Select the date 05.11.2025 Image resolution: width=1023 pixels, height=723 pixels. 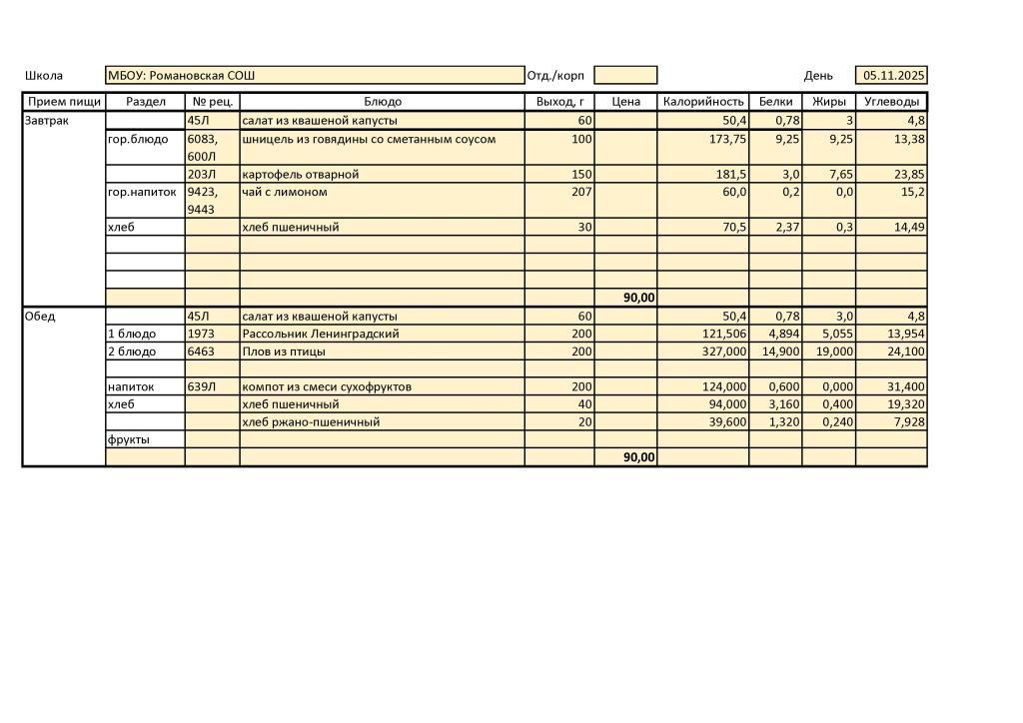tap(894, 76)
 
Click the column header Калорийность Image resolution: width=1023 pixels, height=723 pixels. tap(703, 102)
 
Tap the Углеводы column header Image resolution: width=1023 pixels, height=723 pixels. tap(891, 102)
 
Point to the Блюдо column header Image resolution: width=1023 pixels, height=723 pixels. tap(382, 102)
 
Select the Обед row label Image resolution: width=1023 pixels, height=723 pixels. tap(40, 317)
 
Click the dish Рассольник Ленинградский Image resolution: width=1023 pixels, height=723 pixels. tap(320, 334)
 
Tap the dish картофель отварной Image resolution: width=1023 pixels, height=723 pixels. tap(300, 175)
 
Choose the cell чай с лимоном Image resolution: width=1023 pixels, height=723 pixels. tap(285, 192)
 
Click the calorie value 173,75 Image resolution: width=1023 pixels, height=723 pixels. tap(726, 140)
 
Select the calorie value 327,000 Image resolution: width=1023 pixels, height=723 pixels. tap(724, 352)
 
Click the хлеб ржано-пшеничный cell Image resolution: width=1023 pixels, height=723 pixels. tap(311, 421)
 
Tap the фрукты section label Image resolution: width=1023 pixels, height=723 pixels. tap(129, 439)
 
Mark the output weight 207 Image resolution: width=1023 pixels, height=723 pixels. tap(580, 192)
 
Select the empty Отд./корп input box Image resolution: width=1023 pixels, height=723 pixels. tap(625, 76)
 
